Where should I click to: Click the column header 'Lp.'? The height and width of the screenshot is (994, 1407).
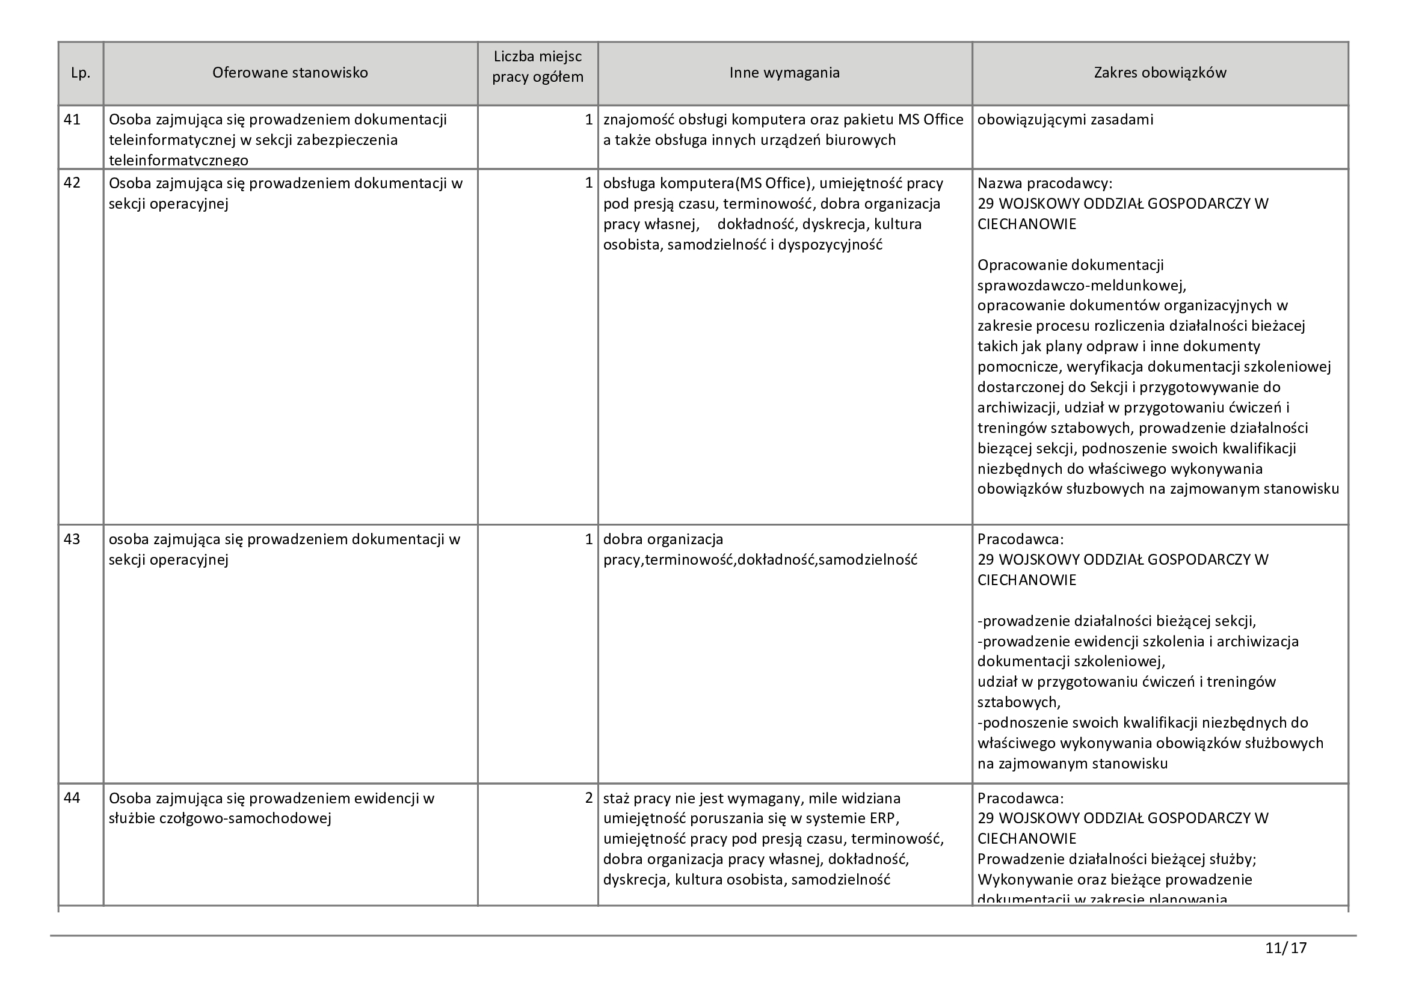point(80,73)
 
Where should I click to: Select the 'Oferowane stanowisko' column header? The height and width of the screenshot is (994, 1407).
point(290,73)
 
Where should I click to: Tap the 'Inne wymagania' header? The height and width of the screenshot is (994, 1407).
point(784,73)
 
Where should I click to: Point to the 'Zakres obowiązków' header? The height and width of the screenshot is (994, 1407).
point(1159,73)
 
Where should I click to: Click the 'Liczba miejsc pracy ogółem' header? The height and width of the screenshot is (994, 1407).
point(537,67)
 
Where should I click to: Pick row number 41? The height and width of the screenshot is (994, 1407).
point(72,120)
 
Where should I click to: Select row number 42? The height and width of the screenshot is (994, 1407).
point(72,183)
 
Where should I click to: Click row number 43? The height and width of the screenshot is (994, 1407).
point(72,539)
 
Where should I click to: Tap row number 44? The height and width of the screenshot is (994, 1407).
point(72,798)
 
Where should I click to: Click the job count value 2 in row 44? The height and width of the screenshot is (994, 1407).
point(588,798)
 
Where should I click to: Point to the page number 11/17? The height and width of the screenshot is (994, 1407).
point(1285,948)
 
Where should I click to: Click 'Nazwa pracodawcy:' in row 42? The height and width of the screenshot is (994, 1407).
point(1044,183)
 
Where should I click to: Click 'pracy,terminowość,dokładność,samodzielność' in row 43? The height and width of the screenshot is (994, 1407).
point(760,560)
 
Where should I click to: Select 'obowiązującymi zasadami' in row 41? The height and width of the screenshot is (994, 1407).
point(1065,120)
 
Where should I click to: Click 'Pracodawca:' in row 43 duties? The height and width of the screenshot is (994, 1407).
point(1020,539)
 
